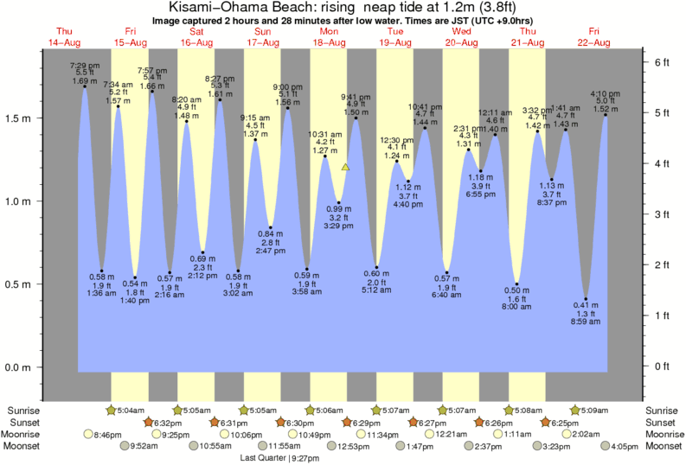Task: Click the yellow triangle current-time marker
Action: (345, 167)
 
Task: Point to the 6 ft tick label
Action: (663, 62)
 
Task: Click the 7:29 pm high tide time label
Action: (85, 66)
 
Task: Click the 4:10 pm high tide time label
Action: (605, 93)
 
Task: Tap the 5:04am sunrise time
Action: (131, 410)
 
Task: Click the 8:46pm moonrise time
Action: (110, 434)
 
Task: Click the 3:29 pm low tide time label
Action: (339, 226)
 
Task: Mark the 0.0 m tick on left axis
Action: (18, 366)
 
